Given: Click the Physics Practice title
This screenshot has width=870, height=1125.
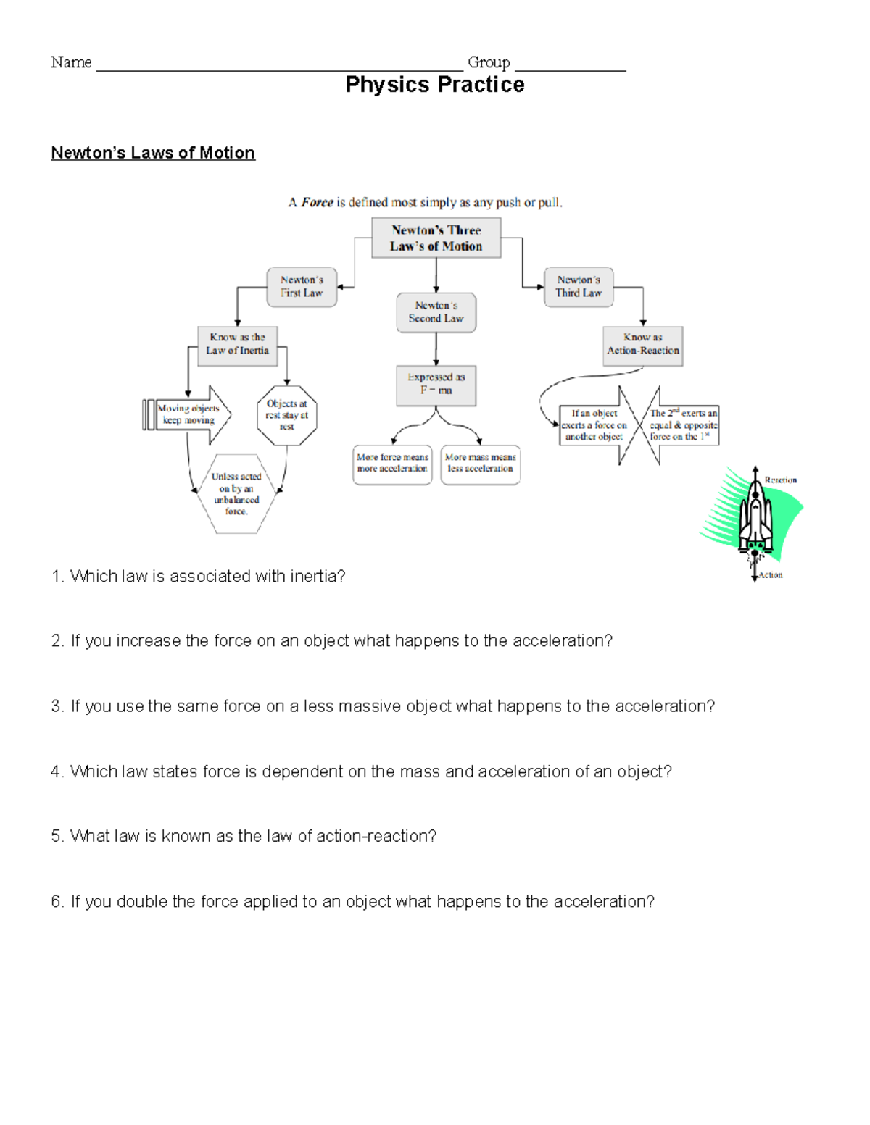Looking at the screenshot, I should pyautogui.click(x=435, y=85).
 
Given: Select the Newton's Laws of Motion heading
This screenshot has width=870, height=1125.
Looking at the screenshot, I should pyautogui.click(x=153, y=153).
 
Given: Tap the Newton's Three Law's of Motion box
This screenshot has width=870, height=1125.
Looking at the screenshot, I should pyautogui.click(x=436, y=238).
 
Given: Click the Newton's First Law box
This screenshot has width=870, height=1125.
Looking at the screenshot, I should pyautogui.click(x=302, y=287).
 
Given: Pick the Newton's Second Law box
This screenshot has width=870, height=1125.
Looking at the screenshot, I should pyautogui.click(x=436, y=312).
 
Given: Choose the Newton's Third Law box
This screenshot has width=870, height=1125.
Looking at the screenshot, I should pyautogui.click(x=579, y=287).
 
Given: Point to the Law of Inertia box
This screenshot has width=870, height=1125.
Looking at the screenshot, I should pyautogui.click(x=237, y=344).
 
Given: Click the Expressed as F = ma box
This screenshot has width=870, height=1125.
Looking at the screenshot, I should pyautogui.click(x=436, y=384).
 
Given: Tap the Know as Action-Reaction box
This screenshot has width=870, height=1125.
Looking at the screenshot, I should pyautogui.click(x=642, y=344).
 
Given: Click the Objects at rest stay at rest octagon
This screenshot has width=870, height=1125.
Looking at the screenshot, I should pyautogui.click(x=287, y=415).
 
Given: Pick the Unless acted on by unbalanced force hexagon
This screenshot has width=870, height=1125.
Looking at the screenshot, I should pyautogui.click(x=236, y=494).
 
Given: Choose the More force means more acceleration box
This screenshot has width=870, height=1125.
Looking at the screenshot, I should pyautogui.click(x=392, y=464).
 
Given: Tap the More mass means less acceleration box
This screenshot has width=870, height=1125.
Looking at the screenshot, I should pyautogui.click(x=480, y=464).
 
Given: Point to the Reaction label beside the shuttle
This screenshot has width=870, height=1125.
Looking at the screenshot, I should pyautogui.click(x=780, y=480).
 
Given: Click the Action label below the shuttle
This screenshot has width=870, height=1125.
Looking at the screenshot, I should pyautogui.click(x=771, y=575).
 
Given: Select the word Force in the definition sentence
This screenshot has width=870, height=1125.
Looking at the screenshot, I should pyautogui.click(x=317, y=203).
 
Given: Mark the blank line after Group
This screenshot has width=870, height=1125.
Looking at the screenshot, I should pyautogui.click(x=570, y=67).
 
